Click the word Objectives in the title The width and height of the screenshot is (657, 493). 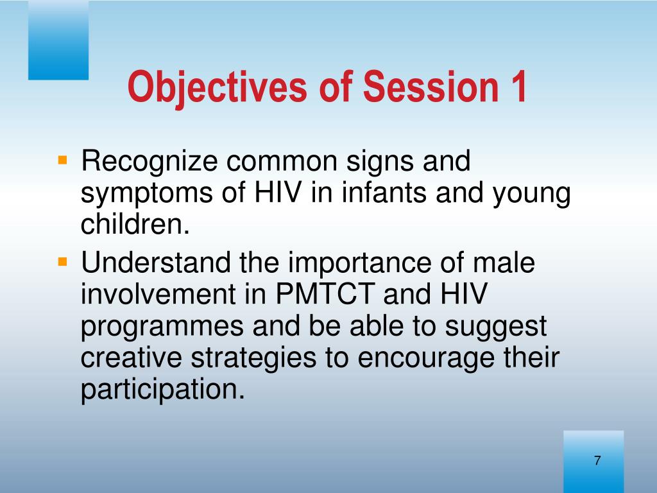coord(217,87)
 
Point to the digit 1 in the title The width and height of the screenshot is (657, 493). coord(518,87)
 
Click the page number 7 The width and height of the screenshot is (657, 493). coord(597,460)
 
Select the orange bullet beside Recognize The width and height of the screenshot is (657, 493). coord(62,160)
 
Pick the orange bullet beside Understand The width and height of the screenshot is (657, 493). coord(62,262)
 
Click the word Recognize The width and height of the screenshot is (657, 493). coord(149,162)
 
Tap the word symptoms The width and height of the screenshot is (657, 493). coord(146,194)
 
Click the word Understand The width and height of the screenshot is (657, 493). coord(155,263)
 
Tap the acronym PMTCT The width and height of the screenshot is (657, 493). coord(325,294)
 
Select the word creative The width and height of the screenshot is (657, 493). coord(131,358)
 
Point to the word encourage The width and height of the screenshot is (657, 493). coord(426,359)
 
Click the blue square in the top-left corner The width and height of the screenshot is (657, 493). coord(58,40)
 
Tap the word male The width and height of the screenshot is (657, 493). coord(504,263)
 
